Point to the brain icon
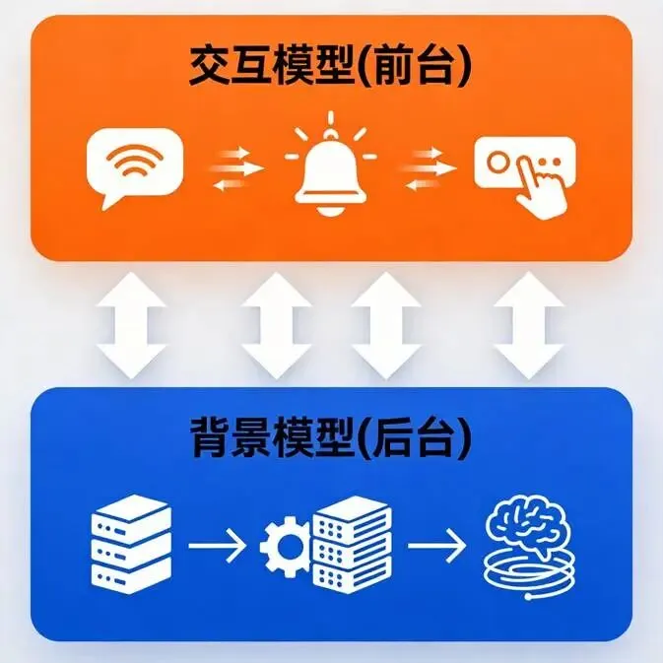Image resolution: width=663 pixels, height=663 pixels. point(529,524)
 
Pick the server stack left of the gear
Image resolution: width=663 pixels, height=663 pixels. point(131,544)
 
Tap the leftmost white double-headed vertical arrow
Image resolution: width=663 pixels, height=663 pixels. point(131,325)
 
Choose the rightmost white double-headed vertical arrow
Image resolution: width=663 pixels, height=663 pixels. point(529,325)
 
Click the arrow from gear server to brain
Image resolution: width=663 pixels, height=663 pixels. point(436,546)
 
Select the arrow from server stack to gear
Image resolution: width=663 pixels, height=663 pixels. point(217,546)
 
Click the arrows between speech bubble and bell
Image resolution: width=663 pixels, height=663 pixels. point(236,168)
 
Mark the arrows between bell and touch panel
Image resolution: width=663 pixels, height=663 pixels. point(428,168)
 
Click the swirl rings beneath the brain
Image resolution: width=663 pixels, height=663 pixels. point(529,574)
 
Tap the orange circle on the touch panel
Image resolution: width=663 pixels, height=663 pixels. point(497,163)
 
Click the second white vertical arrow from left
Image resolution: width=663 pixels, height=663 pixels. point(277,325)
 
